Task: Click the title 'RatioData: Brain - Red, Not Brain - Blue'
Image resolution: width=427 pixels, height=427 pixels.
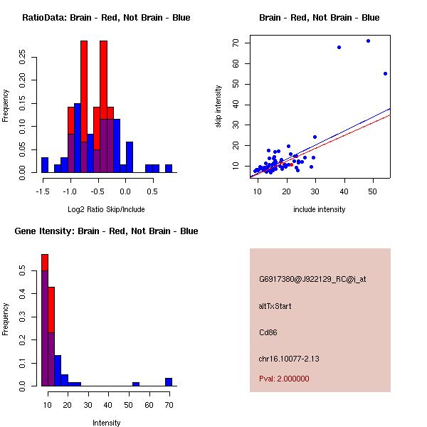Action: tap(106, 18)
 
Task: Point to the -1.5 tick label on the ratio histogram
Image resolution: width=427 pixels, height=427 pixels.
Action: tap(44, 190)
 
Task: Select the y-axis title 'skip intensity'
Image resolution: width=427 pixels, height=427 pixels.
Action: tap(218, 107)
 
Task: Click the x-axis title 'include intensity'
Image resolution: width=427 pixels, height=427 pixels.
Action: tap(320, 209)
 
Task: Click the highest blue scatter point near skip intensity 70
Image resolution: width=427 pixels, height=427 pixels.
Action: tap(368, 41)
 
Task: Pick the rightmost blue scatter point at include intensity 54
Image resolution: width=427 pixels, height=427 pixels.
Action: tap(385, 73)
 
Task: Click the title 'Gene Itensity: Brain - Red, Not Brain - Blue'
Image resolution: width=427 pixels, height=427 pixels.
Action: tap(106, 231)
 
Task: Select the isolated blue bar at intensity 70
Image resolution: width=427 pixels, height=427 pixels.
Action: tap(169, 381)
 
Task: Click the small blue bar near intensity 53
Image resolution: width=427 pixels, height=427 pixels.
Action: tap(135, 384)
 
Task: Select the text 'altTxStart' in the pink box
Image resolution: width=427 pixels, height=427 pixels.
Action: tap(275, 306)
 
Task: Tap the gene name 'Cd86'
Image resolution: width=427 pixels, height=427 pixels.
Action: tap(268, 332)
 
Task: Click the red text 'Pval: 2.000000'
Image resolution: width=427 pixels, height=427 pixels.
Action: tap(284, 379)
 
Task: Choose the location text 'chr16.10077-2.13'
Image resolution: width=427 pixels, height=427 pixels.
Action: tap(289, 359)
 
